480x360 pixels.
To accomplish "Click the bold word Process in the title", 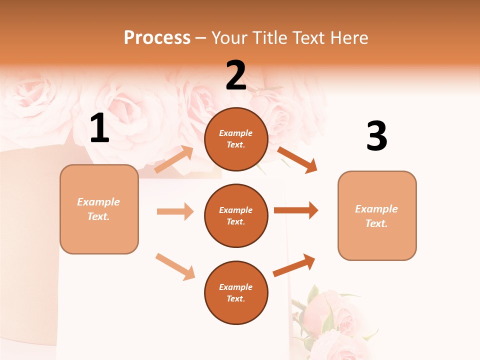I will (157, 37).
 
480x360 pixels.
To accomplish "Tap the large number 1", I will (99, 128).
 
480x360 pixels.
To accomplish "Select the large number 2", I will (236, 75).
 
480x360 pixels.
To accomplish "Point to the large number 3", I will (376, 136).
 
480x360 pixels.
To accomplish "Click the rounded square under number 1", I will (99, 209).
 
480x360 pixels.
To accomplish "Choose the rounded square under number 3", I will (377, 215).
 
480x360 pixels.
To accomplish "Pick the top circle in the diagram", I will (236, 139).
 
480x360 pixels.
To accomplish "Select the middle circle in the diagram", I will (236, 215).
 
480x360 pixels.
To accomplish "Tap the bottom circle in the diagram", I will (236, 292).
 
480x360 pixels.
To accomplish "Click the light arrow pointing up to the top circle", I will (174, 159).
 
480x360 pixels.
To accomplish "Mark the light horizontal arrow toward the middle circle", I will (175, 211).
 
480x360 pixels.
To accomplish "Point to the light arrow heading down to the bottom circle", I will (175, 266).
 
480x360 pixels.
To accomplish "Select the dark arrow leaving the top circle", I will (297, 160).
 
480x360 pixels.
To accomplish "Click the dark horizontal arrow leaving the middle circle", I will (296, 210).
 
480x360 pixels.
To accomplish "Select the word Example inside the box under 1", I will (98, 201).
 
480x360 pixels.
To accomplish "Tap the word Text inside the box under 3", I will (375, 223).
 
